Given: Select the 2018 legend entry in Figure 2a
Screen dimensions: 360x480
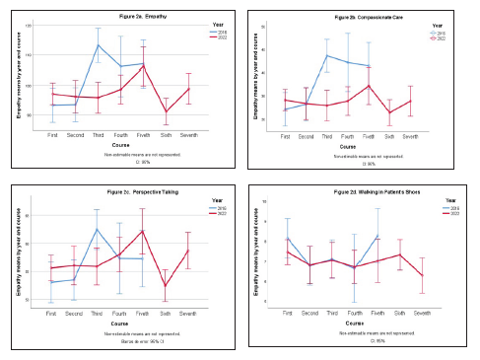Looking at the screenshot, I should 218,31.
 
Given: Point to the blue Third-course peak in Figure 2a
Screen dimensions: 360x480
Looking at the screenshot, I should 98,45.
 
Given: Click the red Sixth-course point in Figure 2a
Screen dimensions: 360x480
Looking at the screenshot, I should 166,111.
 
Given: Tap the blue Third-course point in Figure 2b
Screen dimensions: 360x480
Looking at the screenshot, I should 327,55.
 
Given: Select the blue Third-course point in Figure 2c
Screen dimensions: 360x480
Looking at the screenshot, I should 97,229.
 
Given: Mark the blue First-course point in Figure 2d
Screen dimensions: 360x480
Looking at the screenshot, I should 287,238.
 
